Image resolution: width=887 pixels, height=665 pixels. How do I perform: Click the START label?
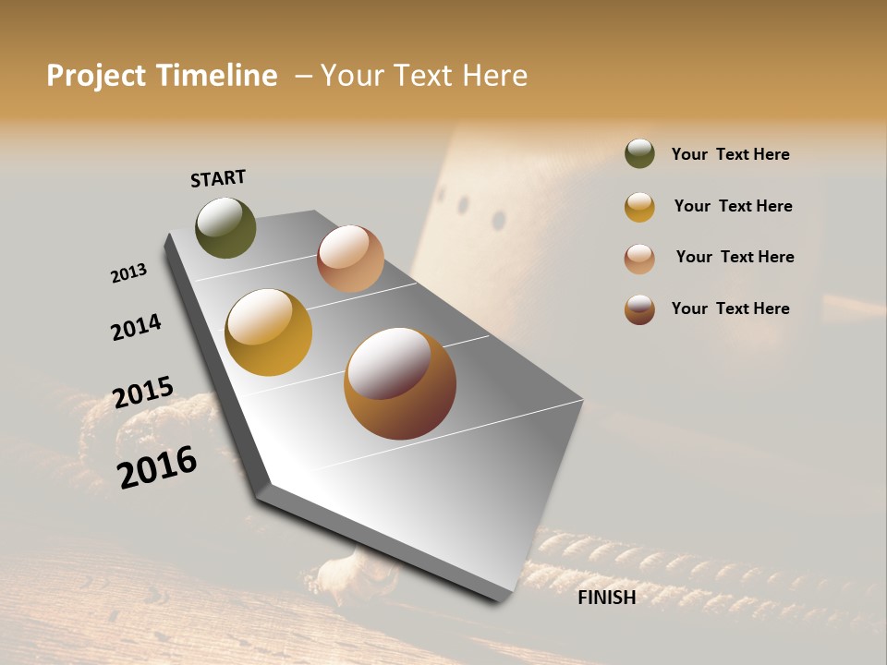coord(218,178)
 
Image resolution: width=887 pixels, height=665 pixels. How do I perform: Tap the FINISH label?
coord(606,598)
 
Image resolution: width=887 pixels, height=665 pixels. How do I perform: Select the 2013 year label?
coord(128,273)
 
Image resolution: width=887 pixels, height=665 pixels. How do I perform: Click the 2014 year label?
coord(136,327)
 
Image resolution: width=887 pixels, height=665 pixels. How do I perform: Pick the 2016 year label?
coord(157,467)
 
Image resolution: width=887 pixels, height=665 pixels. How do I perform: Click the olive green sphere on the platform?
coord(225,227)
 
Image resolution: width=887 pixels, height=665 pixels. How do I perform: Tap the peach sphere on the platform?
coord(350,259)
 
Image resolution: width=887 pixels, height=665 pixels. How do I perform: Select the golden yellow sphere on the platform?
coord(268,332)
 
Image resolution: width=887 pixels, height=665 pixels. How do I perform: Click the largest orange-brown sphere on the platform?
coord(399,383)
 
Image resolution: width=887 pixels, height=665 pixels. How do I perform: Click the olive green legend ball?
coord(639,154)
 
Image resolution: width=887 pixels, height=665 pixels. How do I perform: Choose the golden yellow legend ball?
coord(639,207)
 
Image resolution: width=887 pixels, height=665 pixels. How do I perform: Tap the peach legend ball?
coord(639,259)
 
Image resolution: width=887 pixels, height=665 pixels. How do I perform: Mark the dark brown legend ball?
coord(639,309)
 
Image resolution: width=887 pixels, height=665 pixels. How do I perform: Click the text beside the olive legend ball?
coord(730,154)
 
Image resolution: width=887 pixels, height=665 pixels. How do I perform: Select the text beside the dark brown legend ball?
coord(730,308)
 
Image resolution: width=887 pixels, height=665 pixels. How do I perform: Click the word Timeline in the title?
coord(216,76)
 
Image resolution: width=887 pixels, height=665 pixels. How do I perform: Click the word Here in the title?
coord(494,76)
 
